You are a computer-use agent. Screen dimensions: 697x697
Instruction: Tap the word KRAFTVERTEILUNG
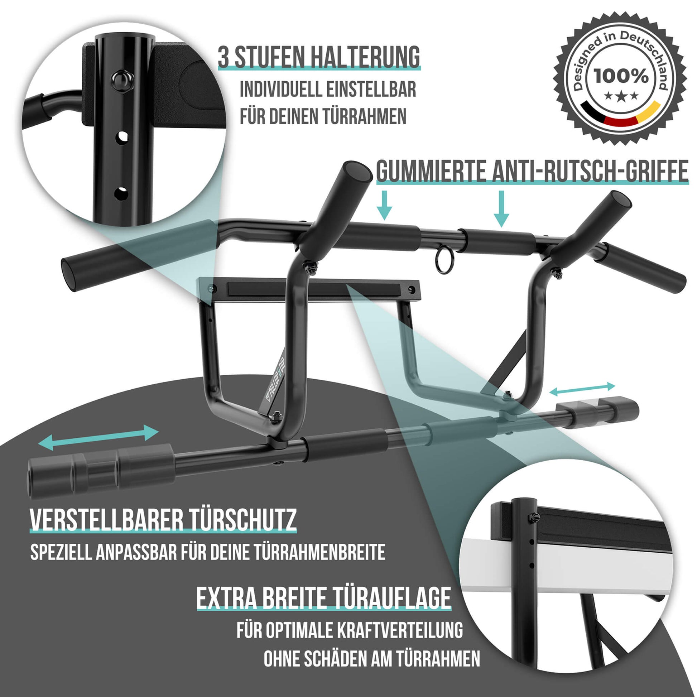pyautogui.click(x=400, y=630)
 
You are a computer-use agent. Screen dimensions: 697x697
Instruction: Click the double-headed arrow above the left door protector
pyautogui.click(x=98, y=438)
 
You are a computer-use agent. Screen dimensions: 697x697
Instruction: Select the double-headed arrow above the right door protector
pyautogui.click(x=582, y=388)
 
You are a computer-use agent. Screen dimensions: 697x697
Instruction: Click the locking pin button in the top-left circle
pyautogui.click(x=122, y=81)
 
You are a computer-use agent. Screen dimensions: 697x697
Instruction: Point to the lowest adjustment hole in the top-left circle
pyautogui.click(x=121, y=194)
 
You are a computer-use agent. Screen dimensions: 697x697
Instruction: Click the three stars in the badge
pyautogui.click(x=621, y=96)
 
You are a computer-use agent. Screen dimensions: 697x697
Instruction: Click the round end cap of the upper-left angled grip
pyautogui.click(x=357, y=172)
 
